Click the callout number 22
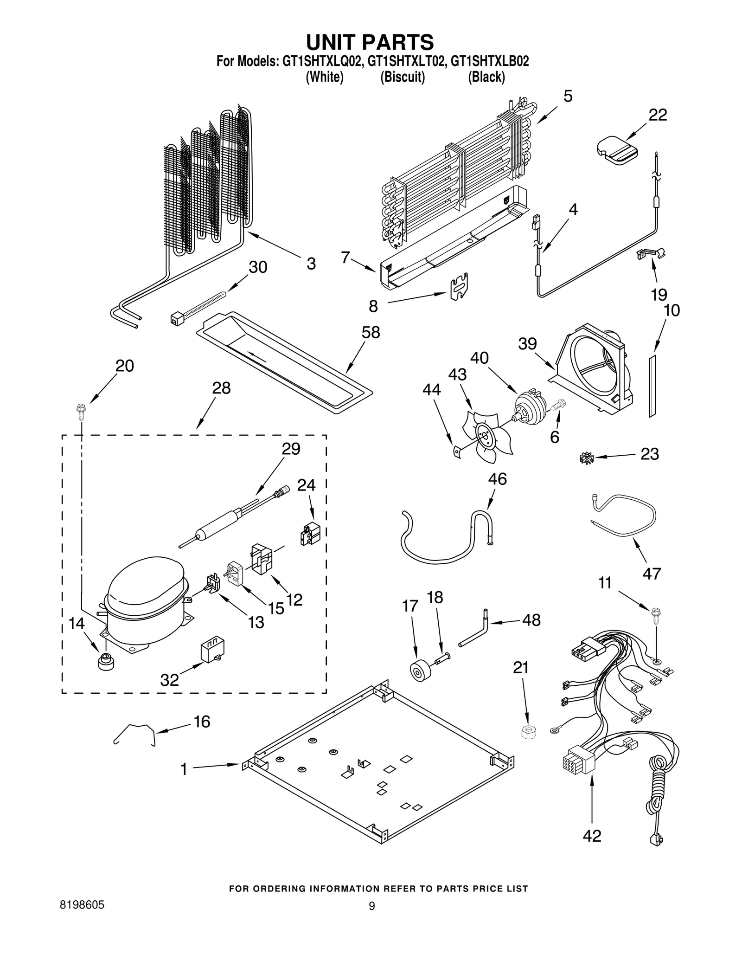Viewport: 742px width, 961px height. [657, 115]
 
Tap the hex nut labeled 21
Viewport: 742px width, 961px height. [528, 732]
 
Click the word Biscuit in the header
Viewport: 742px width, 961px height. [402, 77]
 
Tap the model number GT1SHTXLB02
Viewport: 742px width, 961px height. [490, 61]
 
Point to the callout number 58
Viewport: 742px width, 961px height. [371, 332]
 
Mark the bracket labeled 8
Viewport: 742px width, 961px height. [459, 287]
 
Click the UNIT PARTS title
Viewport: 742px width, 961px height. [370, 42]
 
